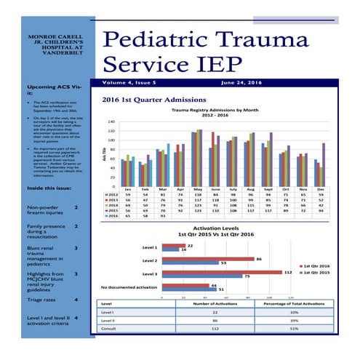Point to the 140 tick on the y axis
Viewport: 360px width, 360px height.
[111, 121]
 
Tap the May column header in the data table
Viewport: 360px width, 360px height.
[198, 189]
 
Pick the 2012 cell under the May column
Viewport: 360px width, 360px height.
[198, 195]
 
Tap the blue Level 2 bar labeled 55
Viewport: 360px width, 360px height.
[190, 263]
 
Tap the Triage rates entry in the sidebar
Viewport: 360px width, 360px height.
[44, 299]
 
